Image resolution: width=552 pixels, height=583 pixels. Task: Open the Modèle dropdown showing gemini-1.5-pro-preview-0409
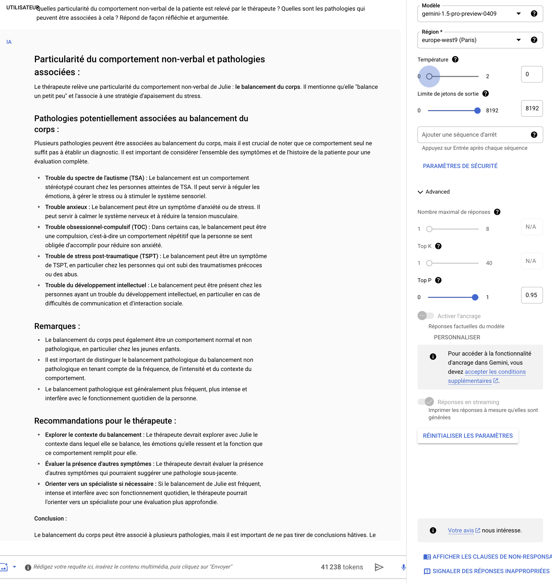tap(471, 14)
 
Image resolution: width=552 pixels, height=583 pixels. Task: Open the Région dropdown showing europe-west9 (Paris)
tap(471, 40)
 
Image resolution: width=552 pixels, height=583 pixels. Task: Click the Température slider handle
tap(429, 77)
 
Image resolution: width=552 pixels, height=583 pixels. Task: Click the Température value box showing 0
tap(532, 74)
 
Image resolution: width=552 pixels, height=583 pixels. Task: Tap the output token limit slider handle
tap(477, 111)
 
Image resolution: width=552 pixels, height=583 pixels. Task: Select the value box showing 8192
tap(532, 108)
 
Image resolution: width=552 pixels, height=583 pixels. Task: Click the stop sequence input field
tap(474, 135)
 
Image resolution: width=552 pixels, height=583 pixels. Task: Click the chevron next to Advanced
tap(420, 192)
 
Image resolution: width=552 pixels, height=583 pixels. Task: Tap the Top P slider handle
tap(475, 297)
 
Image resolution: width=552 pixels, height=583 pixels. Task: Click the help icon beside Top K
tap(438, 246)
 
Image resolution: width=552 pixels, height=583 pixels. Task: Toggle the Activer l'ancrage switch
tap(425, 316)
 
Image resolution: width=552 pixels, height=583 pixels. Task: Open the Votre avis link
tap(461, 531)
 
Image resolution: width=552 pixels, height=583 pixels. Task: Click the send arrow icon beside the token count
tap(379, 567)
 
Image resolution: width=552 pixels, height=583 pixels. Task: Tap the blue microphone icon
tap(403, 567)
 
